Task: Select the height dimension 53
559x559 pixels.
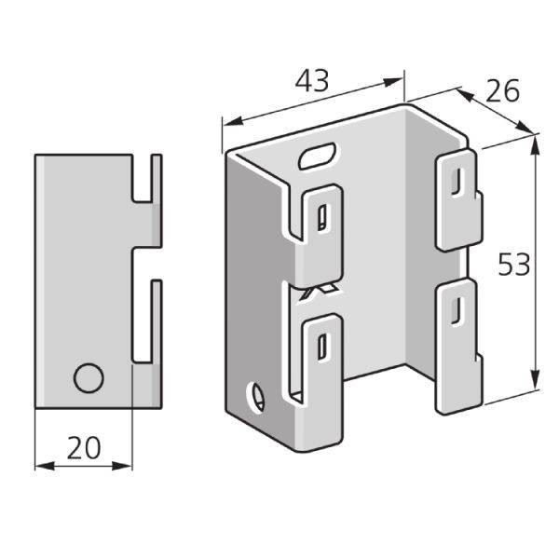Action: pos(513,265)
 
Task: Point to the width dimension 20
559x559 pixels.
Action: pos(84,448)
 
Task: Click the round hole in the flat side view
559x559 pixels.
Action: pos(89,379)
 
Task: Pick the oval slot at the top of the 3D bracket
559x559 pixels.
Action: pos(319,156)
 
